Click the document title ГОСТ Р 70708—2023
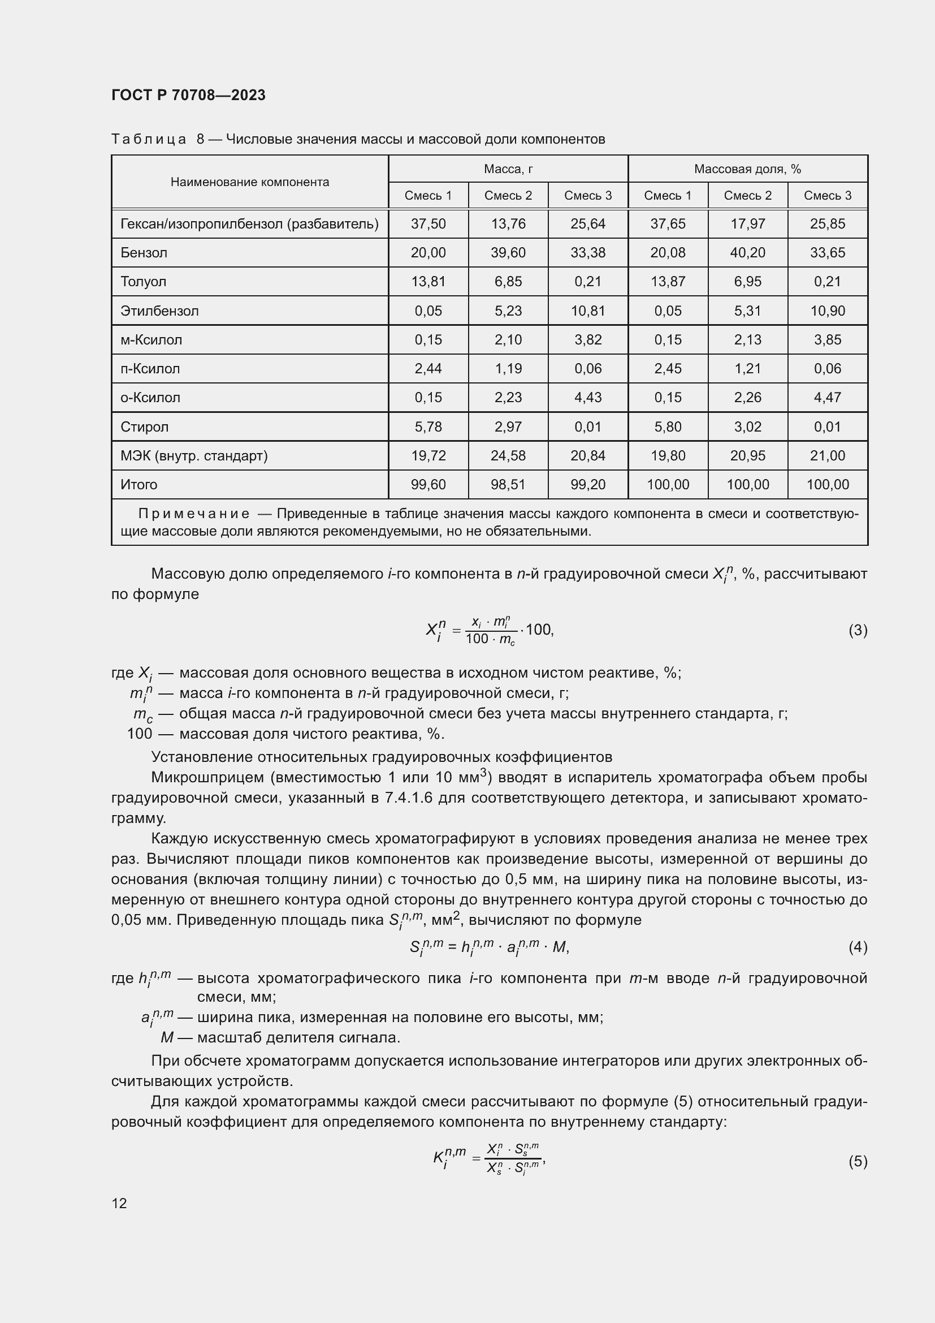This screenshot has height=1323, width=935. coord(188,95)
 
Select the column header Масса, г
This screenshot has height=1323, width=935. coord(508,169)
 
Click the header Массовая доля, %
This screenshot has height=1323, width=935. coord(747,169)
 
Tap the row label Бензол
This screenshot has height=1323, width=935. coord(144,252)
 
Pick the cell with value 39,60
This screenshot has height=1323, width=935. coord(508,252)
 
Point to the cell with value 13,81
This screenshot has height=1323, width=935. coord(428,281)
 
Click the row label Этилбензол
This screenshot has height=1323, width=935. coord(159,311)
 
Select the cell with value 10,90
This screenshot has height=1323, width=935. coord(828,311)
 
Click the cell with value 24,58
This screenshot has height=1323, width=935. coord(508,455)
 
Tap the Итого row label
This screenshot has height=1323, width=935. coord(138,484)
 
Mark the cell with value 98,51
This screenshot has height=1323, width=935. coord(508,484)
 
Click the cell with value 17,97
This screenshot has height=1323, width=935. coord(747,223)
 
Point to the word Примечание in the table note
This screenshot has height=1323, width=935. coord(194,514)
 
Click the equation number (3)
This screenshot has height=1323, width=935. coord(858,630)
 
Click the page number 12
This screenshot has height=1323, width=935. coord(119,1203)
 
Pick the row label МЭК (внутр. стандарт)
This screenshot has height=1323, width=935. coord(194,455)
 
